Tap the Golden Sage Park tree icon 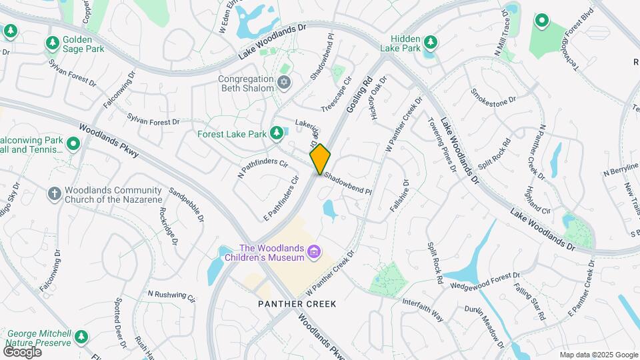click(x=53, y=43)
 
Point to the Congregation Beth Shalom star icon click(x=284, y=83)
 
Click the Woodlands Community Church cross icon click(x=55, y=194)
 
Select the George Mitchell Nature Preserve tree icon click(x=81, y=337)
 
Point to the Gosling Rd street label click(x=358, y=97)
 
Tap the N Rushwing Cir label click(x=171, y=295)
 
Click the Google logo click(x=23, y=351)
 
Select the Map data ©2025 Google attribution click(x=598, y=355)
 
